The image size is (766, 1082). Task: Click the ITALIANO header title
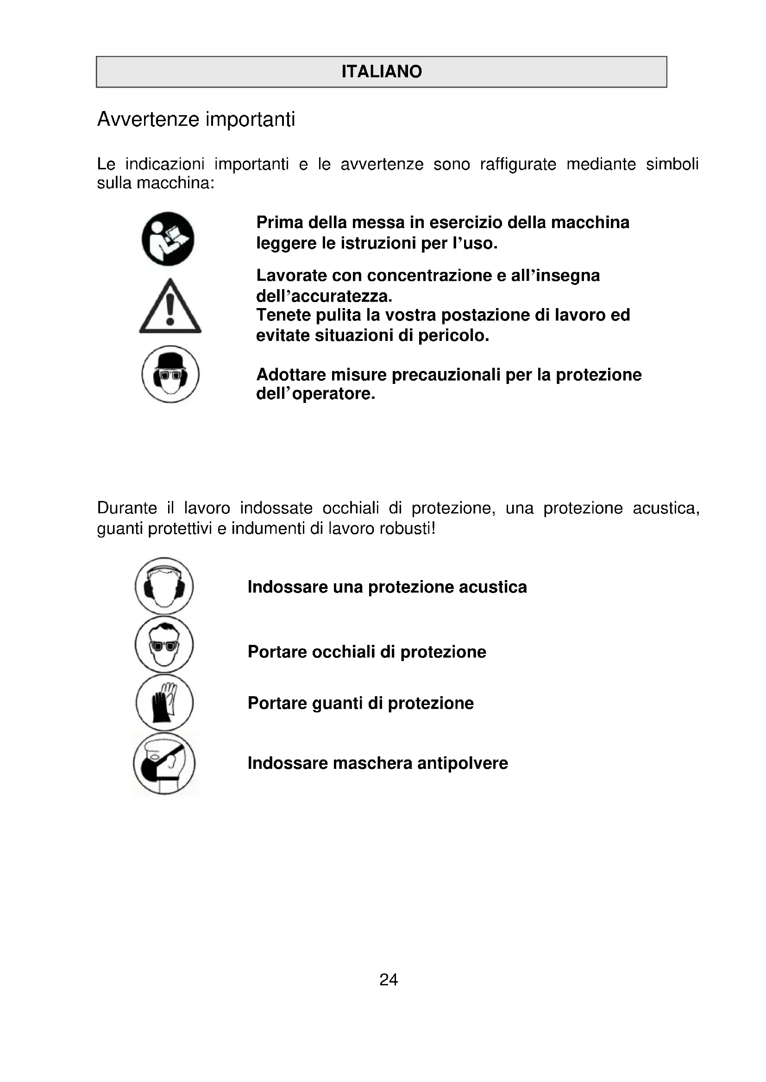[382, 72]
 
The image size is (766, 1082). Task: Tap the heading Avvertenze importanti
[196, 119]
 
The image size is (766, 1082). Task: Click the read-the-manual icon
[168, 239]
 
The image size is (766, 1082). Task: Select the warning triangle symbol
[170, 307]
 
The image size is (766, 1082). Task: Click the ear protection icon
[164, 586]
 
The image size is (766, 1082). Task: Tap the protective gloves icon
[164, 702]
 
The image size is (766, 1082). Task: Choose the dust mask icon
[164, 763]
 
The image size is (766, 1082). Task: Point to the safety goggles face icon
[164, 644]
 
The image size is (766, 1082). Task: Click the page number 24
[389, 980]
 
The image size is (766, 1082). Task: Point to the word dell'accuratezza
[324, 296]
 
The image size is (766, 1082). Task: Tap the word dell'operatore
[315, 394]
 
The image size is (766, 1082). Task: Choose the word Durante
[127, 508]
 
